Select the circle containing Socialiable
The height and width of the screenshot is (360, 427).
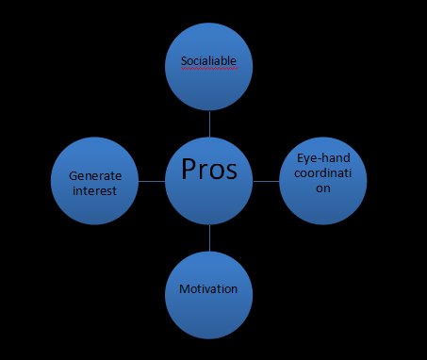point(209,80)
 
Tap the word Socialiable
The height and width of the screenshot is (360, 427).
point(208,62)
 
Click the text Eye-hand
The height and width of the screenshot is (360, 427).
point(322,160)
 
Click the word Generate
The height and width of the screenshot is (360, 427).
point(95,174)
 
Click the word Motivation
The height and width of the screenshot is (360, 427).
point(208,289)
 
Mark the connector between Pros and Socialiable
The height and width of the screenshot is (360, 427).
point(209,123)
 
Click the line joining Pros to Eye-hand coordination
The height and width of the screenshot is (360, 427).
point(266,179)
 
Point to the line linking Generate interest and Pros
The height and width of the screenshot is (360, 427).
point(151,179)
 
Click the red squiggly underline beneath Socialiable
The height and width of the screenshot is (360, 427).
point(208,69)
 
